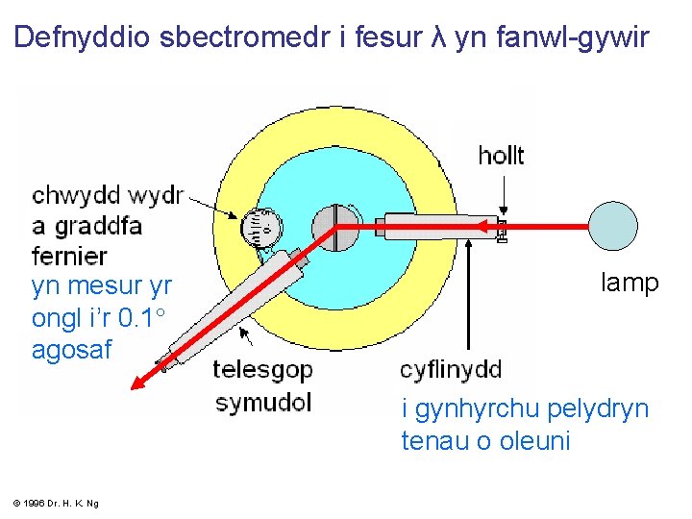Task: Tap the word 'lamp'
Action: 630,283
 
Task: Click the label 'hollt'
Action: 501,155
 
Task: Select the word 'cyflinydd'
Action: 451,370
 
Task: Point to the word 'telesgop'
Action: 259,370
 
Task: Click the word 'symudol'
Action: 263,401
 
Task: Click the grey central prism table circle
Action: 335,228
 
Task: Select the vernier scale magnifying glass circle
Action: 261,228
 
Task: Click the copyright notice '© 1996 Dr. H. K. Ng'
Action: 57,503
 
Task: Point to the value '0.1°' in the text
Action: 142,318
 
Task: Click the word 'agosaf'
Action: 72,350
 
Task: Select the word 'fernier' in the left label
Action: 69,256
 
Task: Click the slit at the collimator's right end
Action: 502,229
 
